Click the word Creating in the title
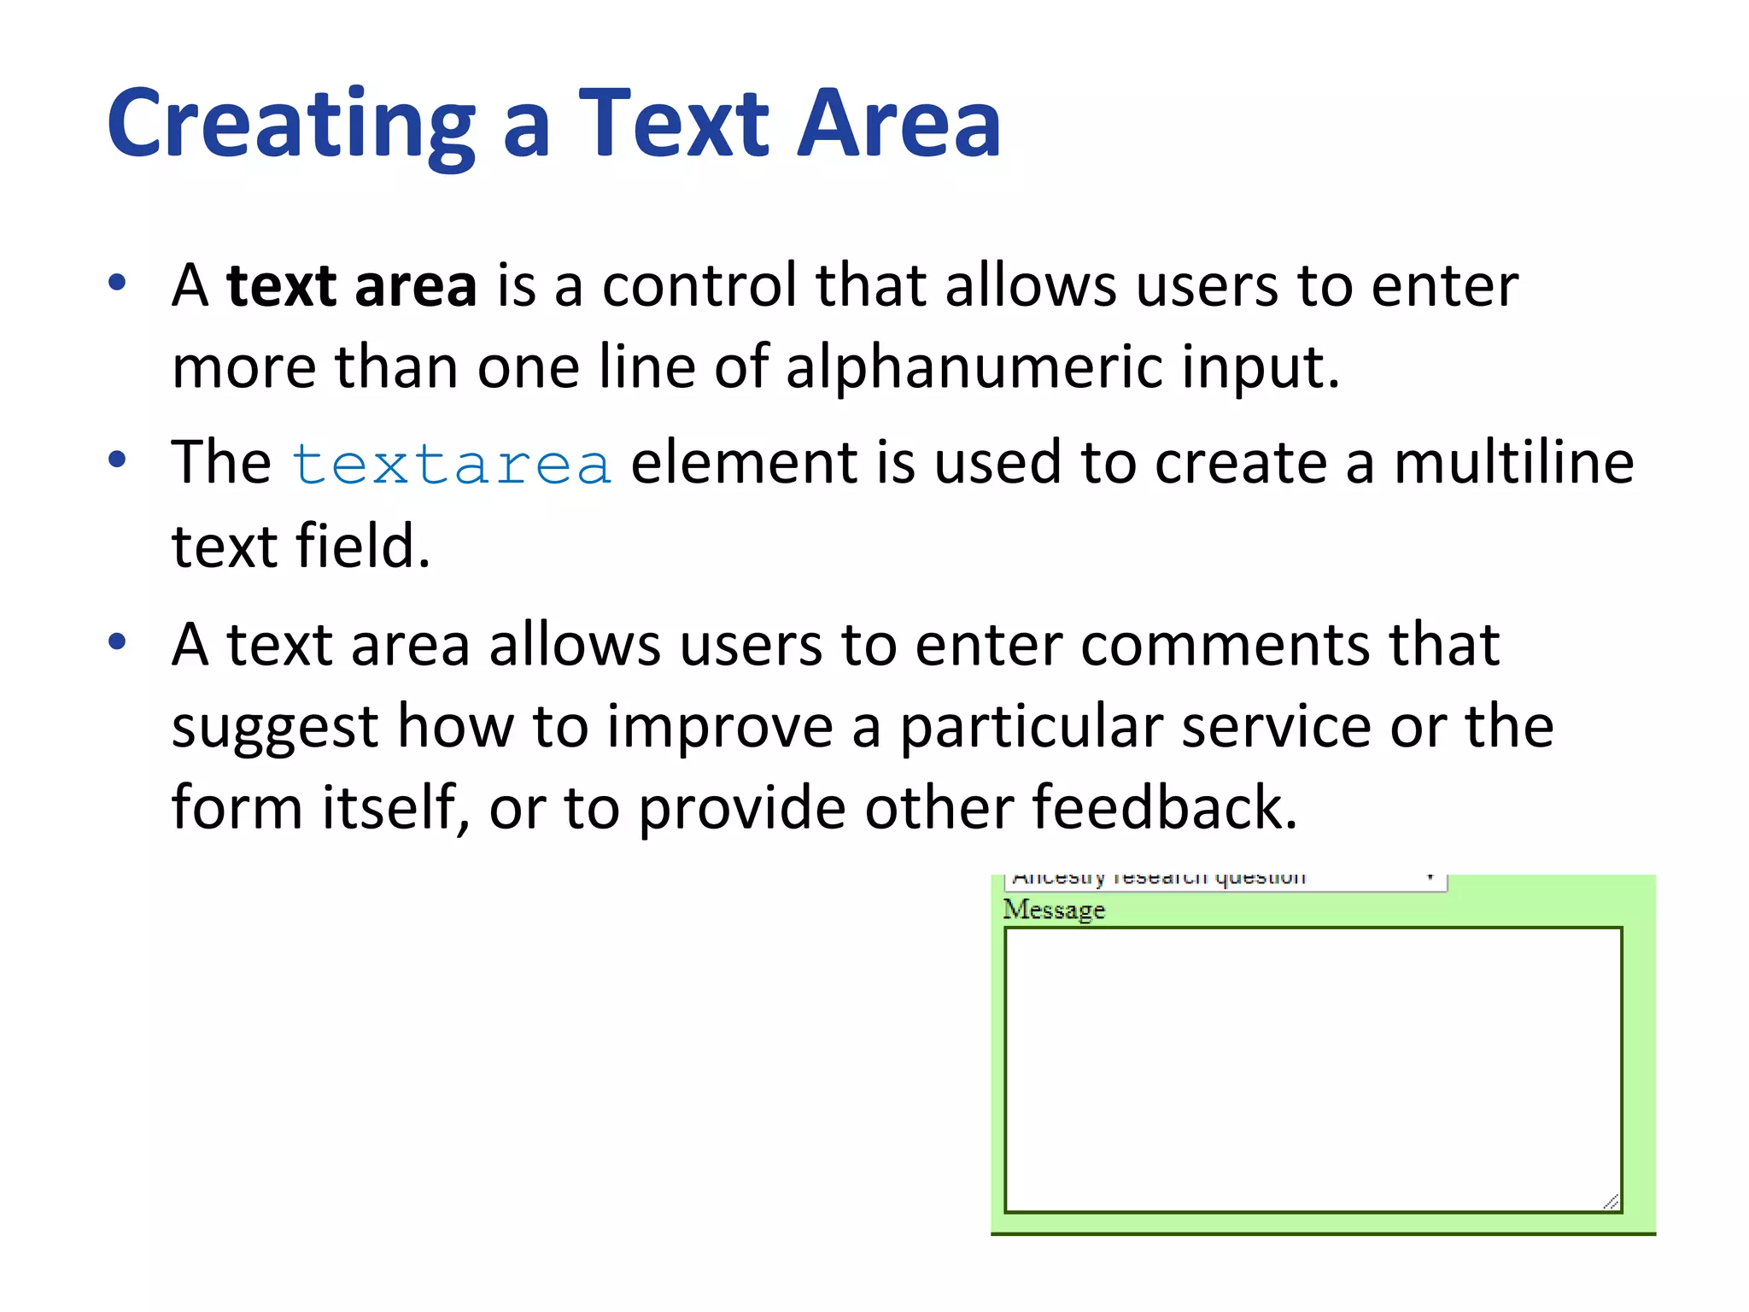point(290,126)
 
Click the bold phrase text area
point(351,286)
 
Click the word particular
point(1032,727)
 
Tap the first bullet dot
point(118,282)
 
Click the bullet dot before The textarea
point(118,460)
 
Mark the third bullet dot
point(118,641)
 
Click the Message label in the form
point(1054,910)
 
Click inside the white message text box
point(1312,1068)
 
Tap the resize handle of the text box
point(1611,1202)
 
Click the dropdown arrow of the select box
point(1430,877)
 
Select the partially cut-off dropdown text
point(1158,878)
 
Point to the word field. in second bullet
point(362,546)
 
